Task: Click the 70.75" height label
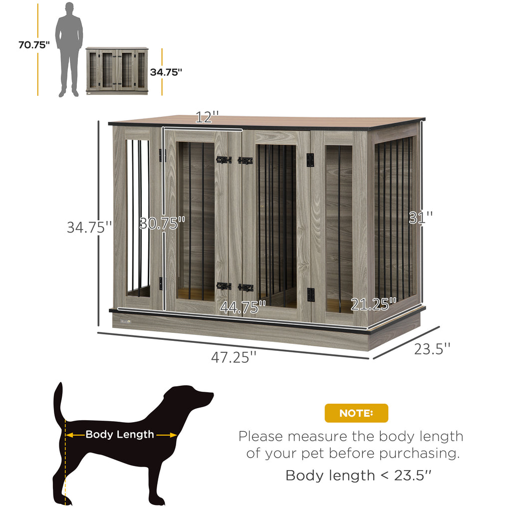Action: tap(34, 45)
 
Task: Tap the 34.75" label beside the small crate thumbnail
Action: tap(166, 72)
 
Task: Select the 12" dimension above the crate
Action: tap(207, 118)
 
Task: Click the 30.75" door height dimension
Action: tap(162, 223)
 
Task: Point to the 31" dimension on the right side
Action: tap(420, 218)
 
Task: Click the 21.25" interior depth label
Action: tap(373, 304)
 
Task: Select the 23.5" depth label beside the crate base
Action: tap(432, 348)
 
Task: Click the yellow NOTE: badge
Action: tap(356, 413)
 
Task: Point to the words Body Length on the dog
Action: tap(120, 435)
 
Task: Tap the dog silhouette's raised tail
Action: tap(58, 399)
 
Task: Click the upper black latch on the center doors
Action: tap(235, 160)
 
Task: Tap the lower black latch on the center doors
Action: tap(235, 287)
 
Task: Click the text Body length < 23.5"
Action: tap(358, 475)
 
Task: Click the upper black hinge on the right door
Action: tap(310, 160)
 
